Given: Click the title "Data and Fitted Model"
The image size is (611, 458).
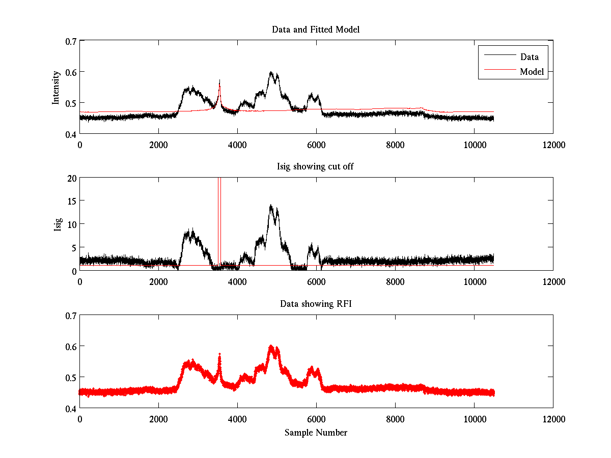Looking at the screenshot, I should pos(316,30).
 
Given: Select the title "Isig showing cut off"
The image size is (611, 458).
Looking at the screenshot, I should pos(316,167).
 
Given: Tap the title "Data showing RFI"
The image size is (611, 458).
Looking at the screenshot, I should pos(316,304).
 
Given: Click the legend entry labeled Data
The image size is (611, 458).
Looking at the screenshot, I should pos(529,56).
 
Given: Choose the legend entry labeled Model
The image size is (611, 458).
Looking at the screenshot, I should pos(532,72).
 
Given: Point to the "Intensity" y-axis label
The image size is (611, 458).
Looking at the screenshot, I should pos(57,87).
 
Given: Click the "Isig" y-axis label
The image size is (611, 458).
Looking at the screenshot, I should pos(58,224).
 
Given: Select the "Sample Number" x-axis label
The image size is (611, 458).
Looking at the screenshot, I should pos(316,433).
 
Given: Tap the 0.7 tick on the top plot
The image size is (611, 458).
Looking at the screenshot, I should pos(70,41).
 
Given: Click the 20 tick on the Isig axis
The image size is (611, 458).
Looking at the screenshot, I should pos(71,178).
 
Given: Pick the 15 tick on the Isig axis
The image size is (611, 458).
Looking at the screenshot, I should pos(71,201).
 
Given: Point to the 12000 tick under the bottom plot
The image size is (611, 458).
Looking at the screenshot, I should pos(553,419).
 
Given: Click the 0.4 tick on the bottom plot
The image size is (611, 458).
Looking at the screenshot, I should pos(70,408).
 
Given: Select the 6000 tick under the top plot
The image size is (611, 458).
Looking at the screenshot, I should pos(316,145).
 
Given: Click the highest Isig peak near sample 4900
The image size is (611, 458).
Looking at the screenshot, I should pos(271,206).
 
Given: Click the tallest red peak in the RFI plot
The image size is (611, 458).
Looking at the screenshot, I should pos(271,346).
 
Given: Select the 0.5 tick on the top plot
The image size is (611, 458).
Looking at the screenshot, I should pos(70,103).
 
